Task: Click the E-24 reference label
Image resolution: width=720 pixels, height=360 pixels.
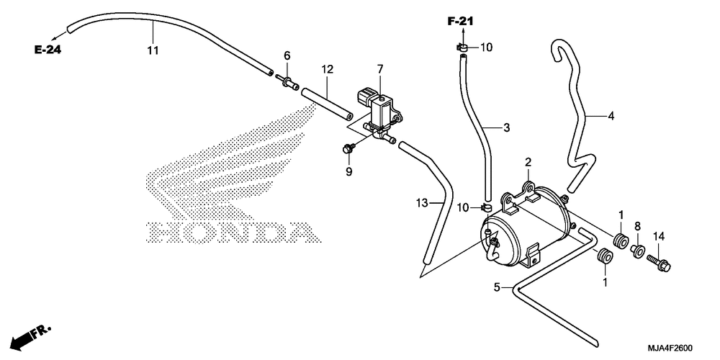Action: coord(48,50)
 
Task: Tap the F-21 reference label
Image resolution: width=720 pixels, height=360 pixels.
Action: coord(461,21)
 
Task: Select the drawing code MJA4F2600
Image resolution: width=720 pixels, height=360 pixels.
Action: coord(670,348)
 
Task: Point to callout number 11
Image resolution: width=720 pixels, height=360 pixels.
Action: coord(153,50)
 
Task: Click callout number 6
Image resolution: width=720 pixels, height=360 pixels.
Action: coord(287,56)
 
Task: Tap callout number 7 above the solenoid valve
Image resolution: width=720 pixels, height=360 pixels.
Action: coord(380,69)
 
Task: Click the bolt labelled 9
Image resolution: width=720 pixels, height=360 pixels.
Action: coord(348,148)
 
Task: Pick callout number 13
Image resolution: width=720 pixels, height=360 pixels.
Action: coord(422,202)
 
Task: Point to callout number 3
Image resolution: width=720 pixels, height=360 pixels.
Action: coord(506,128)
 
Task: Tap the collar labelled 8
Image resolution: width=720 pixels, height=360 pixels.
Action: coord(637,251)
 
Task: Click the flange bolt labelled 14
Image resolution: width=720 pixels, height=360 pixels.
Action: coord(659,263)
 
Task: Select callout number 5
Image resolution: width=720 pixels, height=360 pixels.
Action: coord(497,288)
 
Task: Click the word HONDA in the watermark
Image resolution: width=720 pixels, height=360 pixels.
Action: coord(233,233)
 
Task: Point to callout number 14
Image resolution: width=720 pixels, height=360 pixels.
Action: coord(659,237)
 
